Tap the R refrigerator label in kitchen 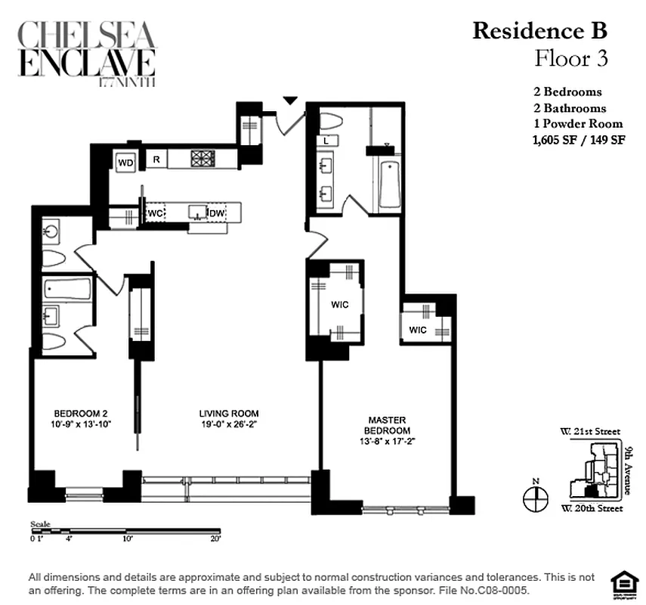[156, 159]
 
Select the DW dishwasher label [217, 214]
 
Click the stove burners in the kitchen [202, 159]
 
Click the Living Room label [229, 414]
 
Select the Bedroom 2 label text [80, 413]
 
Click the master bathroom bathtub [389, 186]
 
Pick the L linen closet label [325, 141]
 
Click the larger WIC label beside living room [339, 306]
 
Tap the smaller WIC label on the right [418, 330]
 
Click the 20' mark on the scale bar [215, 538]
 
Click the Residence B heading [539, 31]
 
